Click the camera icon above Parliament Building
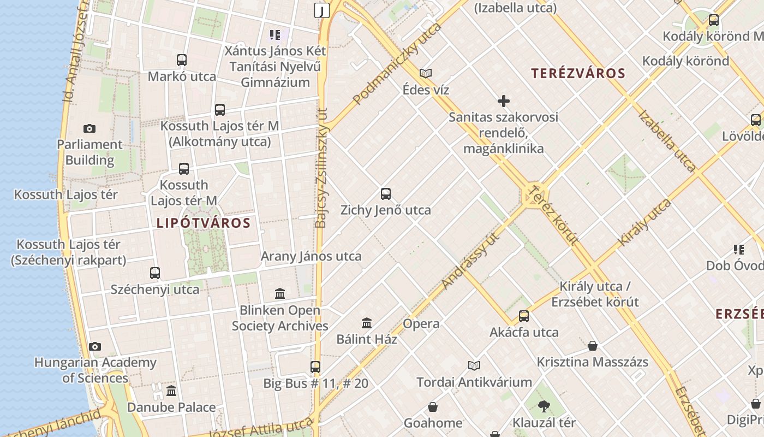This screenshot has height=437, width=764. point(89,129)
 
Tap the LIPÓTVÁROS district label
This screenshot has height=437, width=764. point(204,223)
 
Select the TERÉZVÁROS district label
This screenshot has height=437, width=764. point(578,73)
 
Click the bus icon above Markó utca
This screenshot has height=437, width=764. point(182,60)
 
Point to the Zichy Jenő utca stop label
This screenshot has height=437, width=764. point(385,210)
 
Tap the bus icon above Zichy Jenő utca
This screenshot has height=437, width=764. point(386,194)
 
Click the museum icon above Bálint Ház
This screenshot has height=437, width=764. point(367,323)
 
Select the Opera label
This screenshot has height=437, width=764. point(421,323)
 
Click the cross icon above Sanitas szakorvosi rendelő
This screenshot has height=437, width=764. point(504,101)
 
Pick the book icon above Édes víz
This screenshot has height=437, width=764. point(426,73)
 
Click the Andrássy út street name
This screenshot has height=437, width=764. point(471,259)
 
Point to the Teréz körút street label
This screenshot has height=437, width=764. point(554,215)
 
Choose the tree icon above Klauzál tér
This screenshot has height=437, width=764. point(544,406)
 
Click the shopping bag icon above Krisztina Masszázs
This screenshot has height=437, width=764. point(593,346)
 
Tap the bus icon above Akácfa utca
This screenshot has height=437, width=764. point(524,316)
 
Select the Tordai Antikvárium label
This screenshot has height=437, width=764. point(474,382)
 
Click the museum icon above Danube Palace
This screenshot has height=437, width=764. point(171,391)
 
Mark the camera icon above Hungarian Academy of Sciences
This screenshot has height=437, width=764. point(95,346)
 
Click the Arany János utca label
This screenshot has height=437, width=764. point(311,256)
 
